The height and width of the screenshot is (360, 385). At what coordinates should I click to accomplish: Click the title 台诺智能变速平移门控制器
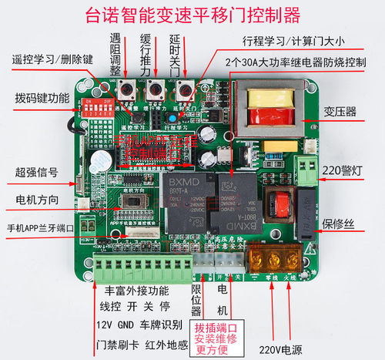click(192, 15)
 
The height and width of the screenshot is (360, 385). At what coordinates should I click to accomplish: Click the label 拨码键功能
click(42, 99)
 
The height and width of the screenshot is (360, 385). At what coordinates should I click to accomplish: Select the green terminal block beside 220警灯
click(306, 168)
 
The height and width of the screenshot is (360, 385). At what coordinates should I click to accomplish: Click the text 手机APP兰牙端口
click(41, 228)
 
